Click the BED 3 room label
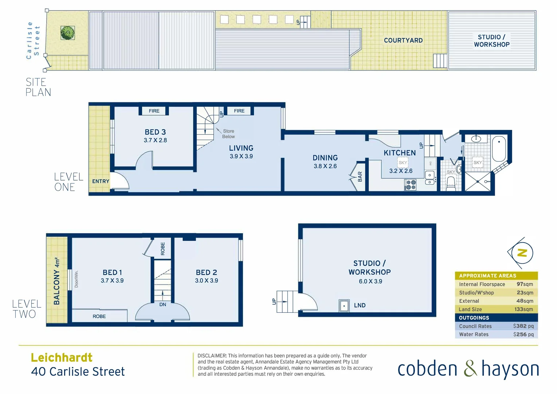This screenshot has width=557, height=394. tap(155, 132)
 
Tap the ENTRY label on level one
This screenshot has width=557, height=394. tap(101, 181)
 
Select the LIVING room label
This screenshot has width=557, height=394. tap(241, 148)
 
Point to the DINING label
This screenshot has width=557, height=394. tap(325, 158)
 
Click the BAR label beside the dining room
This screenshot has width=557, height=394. tap(360, 177)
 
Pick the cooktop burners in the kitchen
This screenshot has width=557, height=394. tap(411, 185)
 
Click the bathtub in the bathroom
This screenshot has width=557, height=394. tap(499, 149)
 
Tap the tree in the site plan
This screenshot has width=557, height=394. tap(68, 33)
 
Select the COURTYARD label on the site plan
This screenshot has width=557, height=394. tap(403, 40)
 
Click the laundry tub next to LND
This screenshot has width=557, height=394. tap(344, 306)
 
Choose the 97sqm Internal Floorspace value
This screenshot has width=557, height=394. tap(525, 284)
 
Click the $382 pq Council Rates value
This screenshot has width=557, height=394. tap(523, 326)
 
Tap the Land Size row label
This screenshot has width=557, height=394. tap(470, 309)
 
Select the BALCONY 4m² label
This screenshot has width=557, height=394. tap(57, 281)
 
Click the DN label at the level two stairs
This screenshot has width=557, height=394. tap(162, 305)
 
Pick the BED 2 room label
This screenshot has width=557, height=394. tap(206, 273)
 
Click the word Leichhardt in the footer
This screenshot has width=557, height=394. tap(62, 358)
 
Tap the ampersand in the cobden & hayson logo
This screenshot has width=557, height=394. tap(470, 368)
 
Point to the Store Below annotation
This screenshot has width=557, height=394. tap(228, 134)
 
